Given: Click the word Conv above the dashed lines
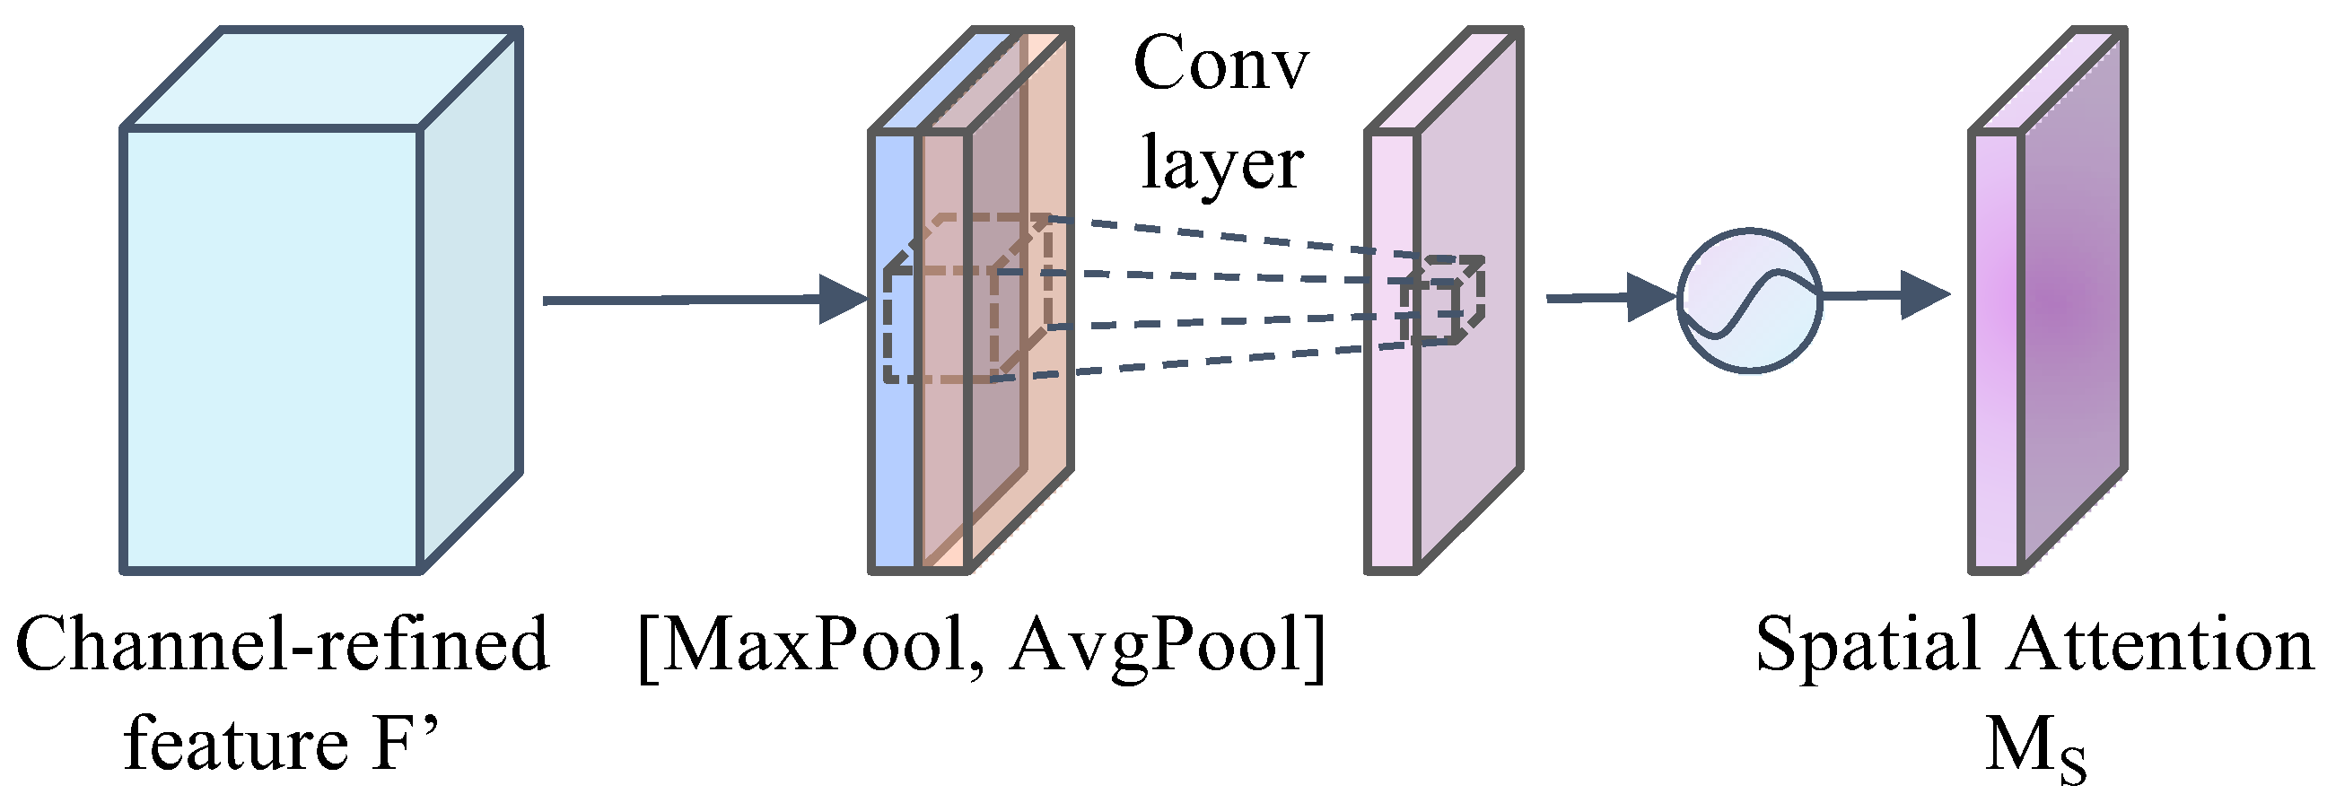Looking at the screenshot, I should (1220, 65).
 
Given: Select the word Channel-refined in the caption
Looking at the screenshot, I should (282, 646).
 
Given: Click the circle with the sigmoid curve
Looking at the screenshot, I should (1750, 300).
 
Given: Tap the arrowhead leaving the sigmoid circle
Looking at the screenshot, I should (1923, 294).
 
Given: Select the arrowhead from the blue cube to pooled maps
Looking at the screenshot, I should (841, 299).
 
